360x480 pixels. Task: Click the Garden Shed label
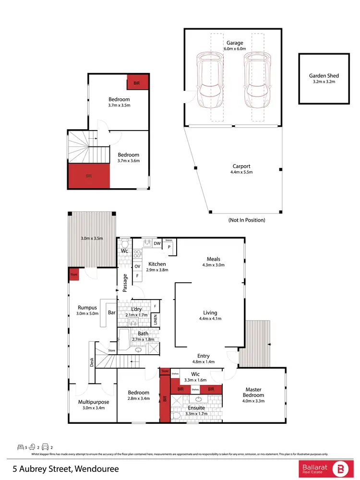click(x=324, y=75)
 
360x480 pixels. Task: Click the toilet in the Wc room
click(x=124, y=243)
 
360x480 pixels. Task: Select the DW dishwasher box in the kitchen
click(x=157, y=243)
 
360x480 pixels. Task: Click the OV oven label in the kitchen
click(x=137, y=266)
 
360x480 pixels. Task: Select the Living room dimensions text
click(x=210, y=318)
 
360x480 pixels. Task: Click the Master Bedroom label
click(x=254, y=392)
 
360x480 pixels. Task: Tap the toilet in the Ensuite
click(x=176, y=415)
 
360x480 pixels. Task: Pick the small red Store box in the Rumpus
click(x=74, y=275)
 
